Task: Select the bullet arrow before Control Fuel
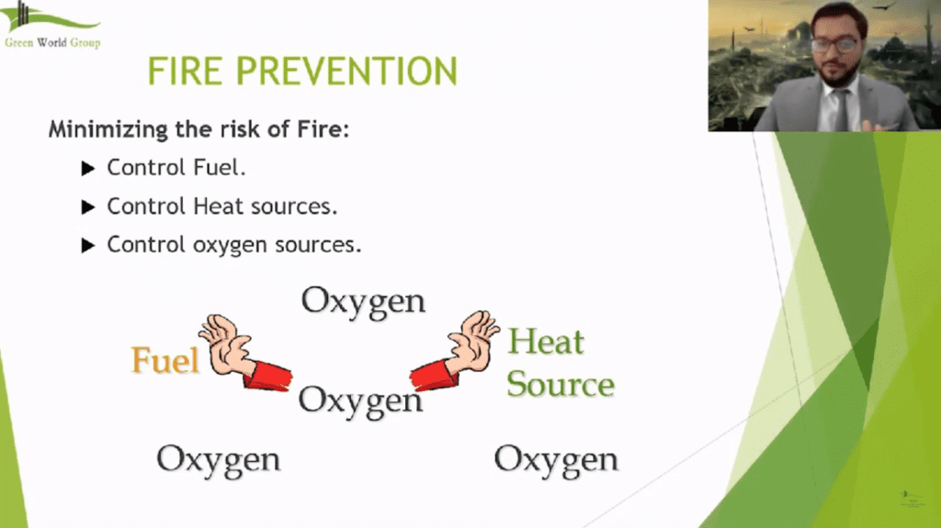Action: [x=88, y=168]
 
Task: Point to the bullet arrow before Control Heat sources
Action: [x=88, y=207]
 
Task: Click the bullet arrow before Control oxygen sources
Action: [x=88, y=245]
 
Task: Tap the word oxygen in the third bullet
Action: [x=230, y=246]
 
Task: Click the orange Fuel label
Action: [x=165, y=360]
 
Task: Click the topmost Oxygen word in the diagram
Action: [x=363, y=301]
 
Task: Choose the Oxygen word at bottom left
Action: [x=218, y=458]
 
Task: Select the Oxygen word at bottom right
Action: [x=556, y=458]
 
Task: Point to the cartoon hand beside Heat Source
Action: [x=473, y=343]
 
